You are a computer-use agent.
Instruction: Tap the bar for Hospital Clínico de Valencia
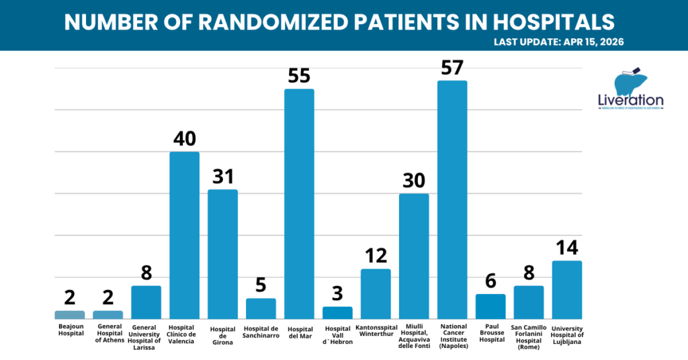tap(184, 235)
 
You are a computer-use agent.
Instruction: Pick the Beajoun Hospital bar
tap(70, 314)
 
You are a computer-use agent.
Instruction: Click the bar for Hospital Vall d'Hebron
tap(337, 312)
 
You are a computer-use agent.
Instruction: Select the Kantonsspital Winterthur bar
tap(376, 294)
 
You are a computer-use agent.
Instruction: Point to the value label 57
tap(452, 68)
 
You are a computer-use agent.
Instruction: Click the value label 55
tap(299, 76)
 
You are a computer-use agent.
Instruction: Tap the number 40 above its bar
tap(184, 139)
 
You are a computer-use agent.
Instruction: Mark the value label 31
tap(222, 177)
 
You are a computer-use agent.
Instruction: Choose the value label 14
tap(566, 248)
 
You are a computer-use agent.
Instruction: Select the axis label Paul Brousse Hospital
tap(490, 332)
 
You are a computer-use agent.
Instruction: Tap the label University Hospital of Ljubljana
tap(566, 334)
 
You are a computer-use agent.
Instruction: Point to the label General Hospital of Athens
tap(108, 332)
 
